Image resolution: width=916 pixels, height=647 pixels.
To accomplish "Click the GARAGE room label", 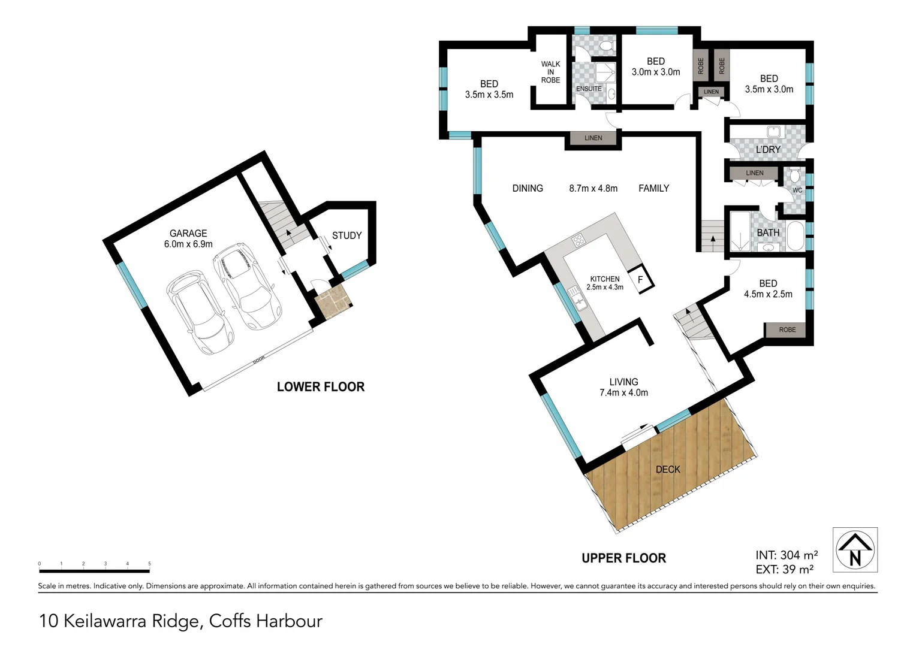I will (x=188, y=234).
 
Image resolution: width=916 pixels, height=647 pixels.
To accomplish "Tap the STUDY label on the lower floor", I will (x=346, y=235).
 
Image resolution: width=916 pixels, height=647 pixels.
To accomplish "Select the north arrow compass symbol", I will (x=855, y=550).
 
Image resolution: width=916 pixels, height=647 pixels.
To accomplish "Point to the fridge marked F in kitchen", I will (x=640, y=280).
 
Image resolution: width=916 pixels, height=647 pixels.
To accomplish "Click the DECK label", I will (x=667, y=470).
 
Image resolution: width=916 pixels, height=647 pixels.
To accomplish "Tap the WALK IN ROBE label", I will (x=550, y=72).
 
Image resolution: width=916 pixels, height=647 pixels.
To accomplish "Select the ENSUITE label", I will (x=589, y=89).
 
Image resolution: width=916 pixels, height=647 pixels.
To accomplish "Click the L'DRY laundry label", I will (x=767, y=150).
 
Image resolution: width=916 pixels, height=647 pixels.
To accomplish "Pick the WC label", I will (x=797, y=191).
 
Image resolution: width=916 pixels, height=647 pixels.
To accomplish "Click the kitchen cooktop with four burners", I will (x=578, y=241).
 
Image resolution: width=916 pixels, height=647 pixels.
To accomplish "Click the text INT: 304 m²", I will (x=787, y=555).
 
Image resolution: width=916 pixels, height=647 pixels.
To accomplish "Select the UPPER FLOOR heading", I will (x=623, y=558).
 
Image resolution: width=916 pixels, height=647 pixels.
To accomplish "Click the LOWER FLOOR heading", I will (x=321, y=387).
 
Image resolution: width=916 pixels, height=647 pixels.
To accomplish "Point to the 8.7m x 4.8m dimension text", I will (x=593, y=188).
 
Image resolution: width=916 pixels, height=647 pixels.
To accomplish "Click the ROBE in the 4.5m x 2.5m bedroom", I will (x=787, y=330).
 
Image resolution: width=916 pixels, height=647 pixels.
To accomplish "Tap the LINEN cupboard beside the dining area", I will (x=593, y=138).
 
